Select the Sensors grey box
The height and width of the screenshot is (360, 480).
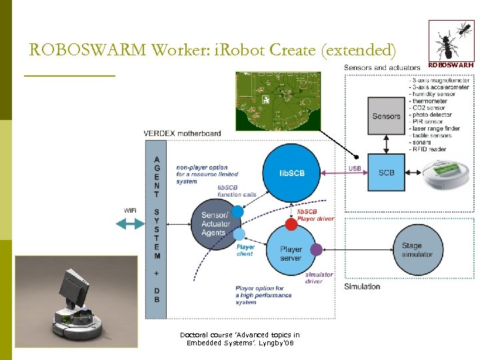pyautogui.click(x=386, y=116)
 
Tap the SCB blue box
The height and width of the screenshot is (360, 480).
pyautogui.click(x=386, y=173)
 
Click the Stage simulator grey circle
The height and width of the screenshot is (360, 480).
pyautogui.click(x=417, y=250)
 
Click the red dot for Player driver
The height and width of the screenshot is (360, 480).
pyautogui.click(x=291, y=223)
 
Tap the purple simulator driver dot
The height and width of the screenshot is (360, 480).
pyautogui.click(x=316, y=249)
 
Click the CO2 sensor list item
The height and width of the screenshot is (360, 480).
pyautogui.click(x=429, y=108)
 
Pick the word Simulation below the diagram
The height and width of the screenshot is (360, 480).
pyautogui.click(x=362, y=287)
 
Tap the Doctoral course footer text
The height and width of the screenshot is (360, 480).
pyautogui.click(x=240, y=339)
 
